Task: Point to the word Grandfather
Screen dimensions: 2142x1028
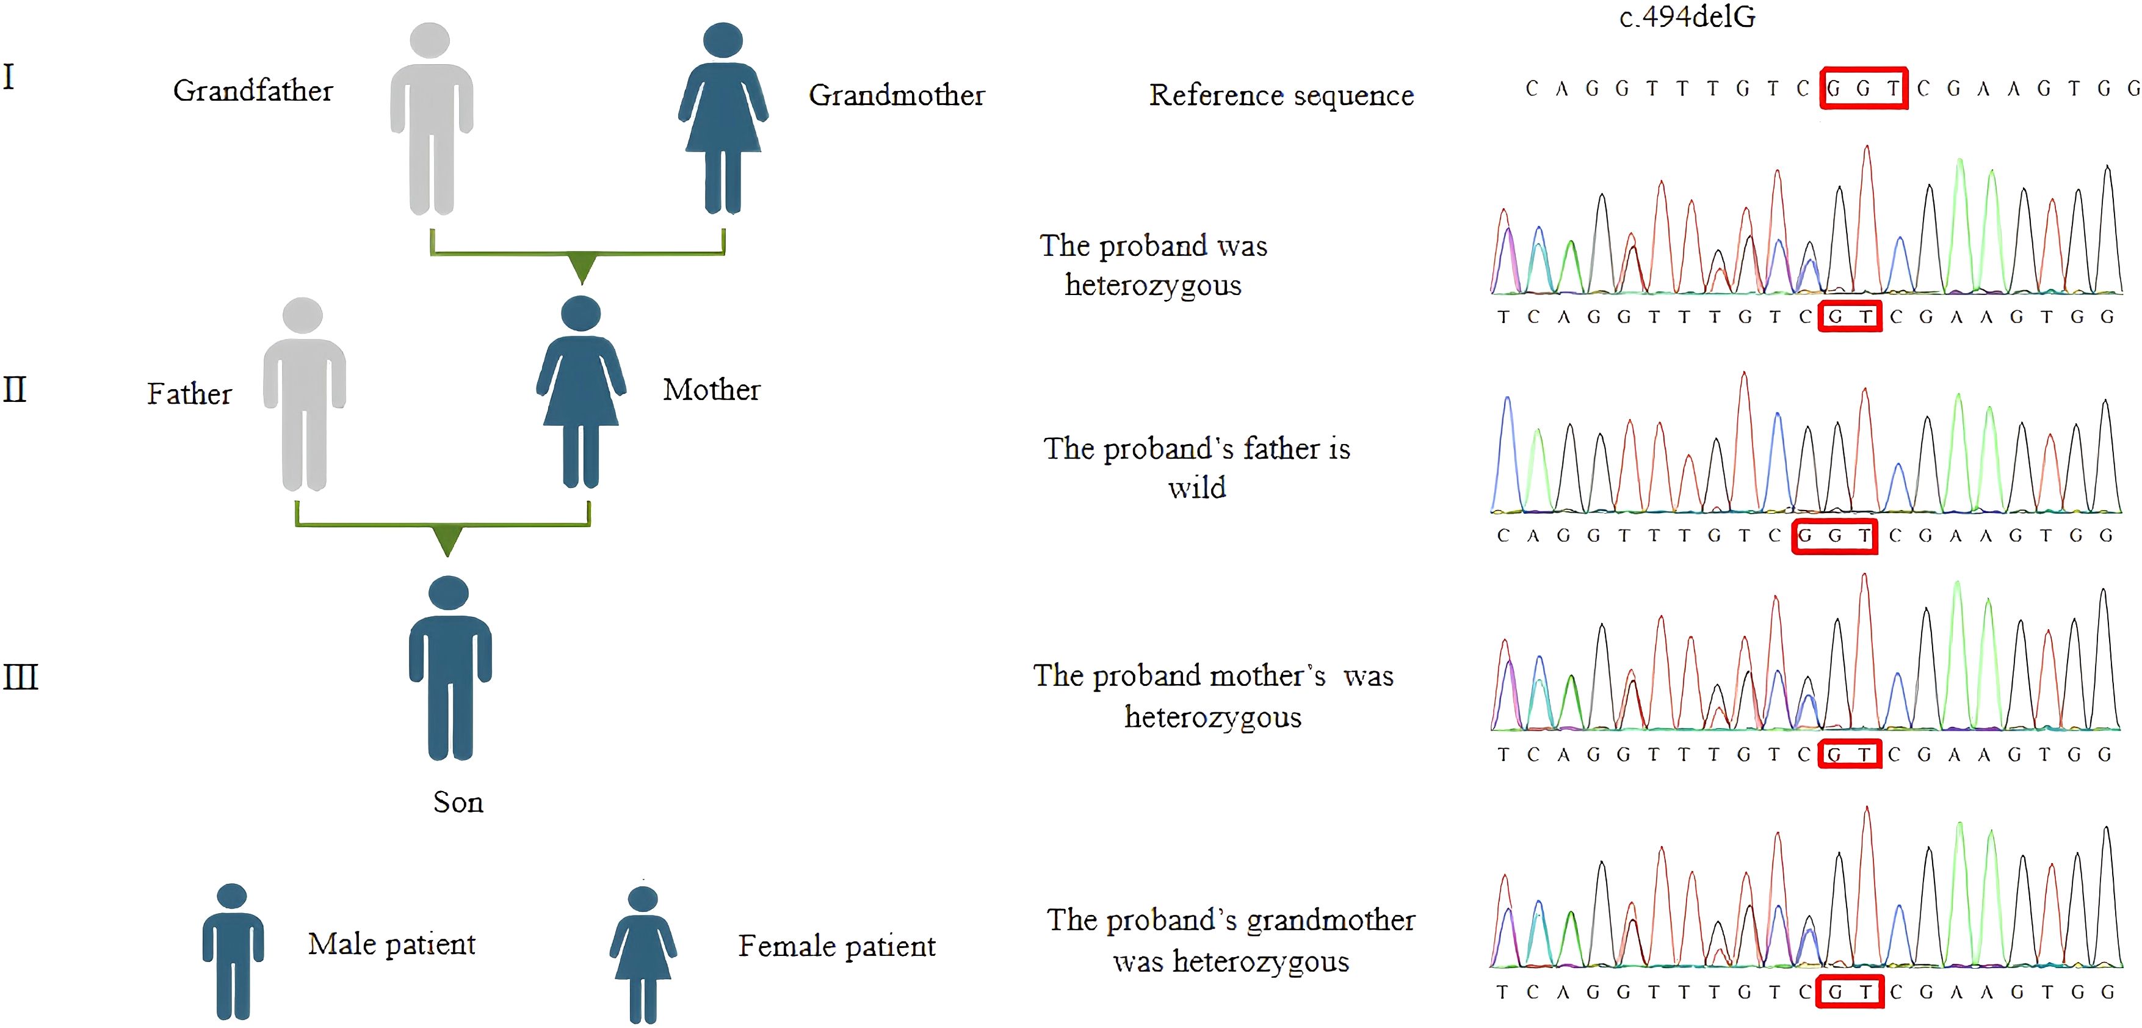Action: tap(253, 90)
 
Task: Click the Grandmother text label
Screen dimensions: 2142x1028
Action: tap(896, 95)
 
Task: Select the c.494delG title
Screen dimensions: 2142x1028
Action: tap(1687, 16)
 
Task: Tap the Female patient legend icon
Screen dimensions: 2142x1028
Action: tap(643, 955)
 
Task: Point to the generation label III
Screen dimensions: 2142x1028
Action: tap(21, 677)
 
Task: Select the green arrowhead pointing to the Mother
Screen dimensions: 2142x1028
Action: tap(582, 268)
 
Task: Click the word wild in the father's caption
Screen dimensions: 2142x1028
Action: tap(1196, 487)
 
